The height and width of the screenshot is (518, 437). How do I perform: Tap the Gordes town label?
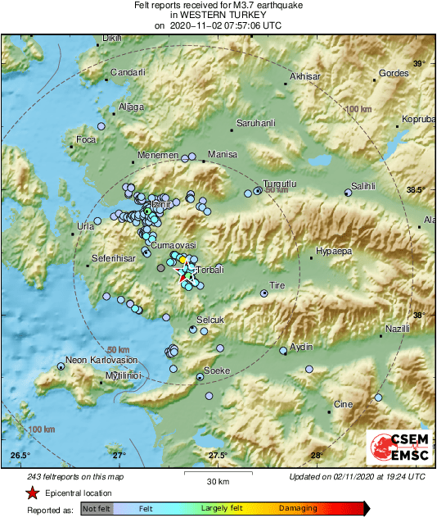click(394, 73)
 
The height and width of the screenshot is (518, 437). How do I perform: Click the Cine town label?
click(343, 404)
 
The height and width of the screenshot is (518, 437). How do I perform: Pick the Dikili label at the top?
click(111, 38)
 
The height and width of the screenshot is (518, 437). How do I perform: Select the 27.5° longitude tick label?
click(218, 456)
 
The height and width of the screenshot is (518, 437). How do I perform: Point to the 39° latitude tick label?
click(419, 64)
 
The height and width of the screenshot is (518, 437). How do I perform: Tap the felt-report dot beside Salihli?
click(348, 193)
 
